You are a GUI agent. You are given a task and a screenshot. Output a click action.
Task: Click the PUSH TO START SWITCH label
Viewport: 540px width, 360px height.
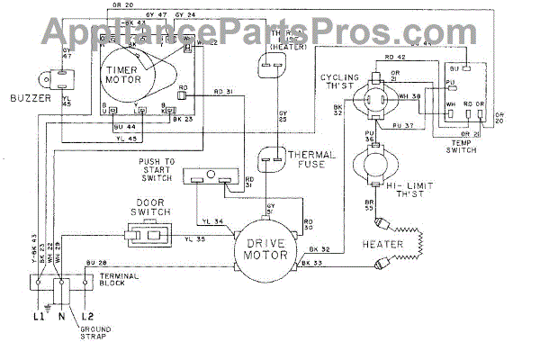click(x=161, y=168)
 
